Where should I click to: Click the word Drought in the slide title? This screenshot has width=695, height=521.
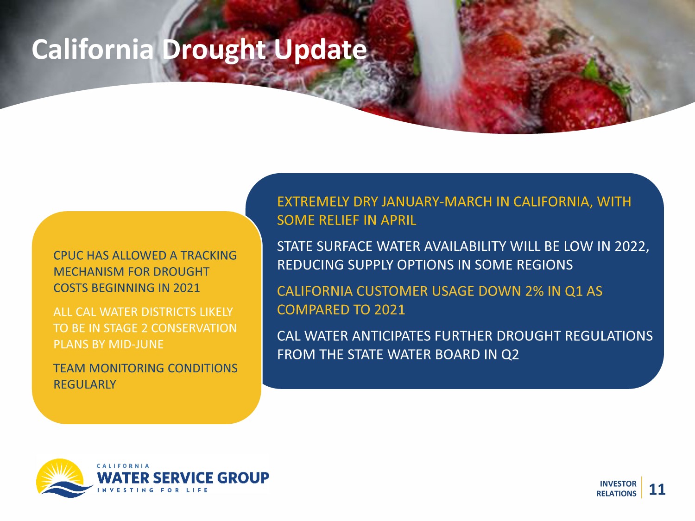coord(214,50)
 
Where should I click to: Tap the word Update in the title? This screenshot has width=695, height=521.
coord(321,50)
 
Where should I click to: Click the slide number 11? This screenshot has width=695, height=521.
coord(657,490)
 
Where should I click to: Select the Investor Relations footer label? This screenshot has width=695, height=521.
coord(616,489)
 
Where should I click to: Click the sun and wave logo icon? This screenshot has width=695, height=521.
coord(63,478)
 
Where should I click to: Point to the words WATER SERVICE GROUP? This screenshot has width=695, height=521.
coord(183,477)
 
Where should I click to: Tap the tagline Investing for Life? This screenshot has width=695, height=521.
coord(152,490)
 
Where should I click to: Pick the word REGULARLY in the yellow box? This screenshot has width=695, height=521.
coord(85,384)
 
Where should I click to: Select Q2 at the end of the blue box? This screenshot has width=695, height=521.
coord(510,355)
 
